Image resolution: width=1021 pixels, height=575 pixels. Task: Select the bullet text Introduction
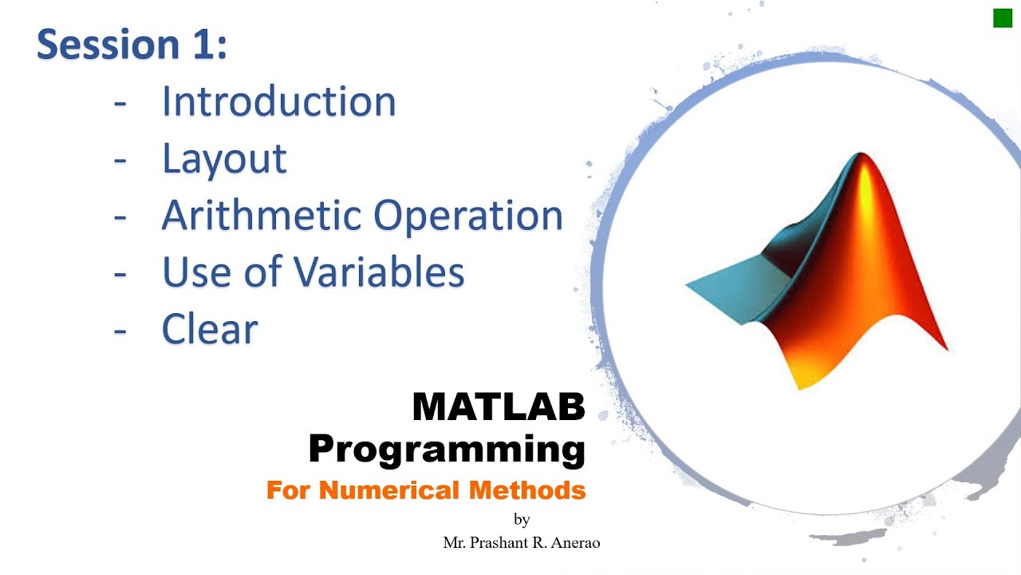tap(278, 101)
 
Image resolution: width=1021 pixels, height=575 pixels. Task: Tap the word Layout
tap(224, 158)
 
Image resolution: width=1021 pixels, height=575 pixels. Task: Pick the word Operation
tap(468, 216)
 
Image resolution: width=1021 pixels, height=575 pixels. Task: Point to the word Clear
tap(210, 329)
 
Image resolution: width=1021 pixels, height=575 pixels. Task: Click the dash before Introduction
tap(120, 103)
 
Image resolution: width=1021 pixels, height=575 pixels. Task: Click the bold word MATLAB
tap(499, 407)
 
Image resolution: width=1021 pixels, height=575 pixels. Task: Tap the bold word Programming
tap(447, 449)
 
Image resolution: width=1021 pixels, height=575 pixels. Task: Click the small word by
tap(522, 520)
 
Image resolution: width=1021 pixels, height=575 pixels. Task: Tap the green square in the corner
tap(1002, 18)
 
